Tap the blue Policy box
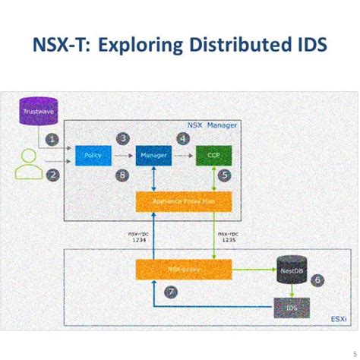tap(93, 156)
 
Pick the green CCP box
tap(212, 156)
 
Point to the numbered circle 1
tap(51, 139)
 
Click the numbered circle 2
tap(52, 175)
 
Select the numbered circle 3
tap(123, 138)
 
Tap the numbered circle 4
tap(183, 138)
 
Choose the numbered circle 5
tap(225, 175)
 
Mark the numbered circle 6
tap(318, 279)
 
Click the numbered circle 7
tap(172, 292)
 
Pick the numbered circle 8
tap(123, 175)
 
